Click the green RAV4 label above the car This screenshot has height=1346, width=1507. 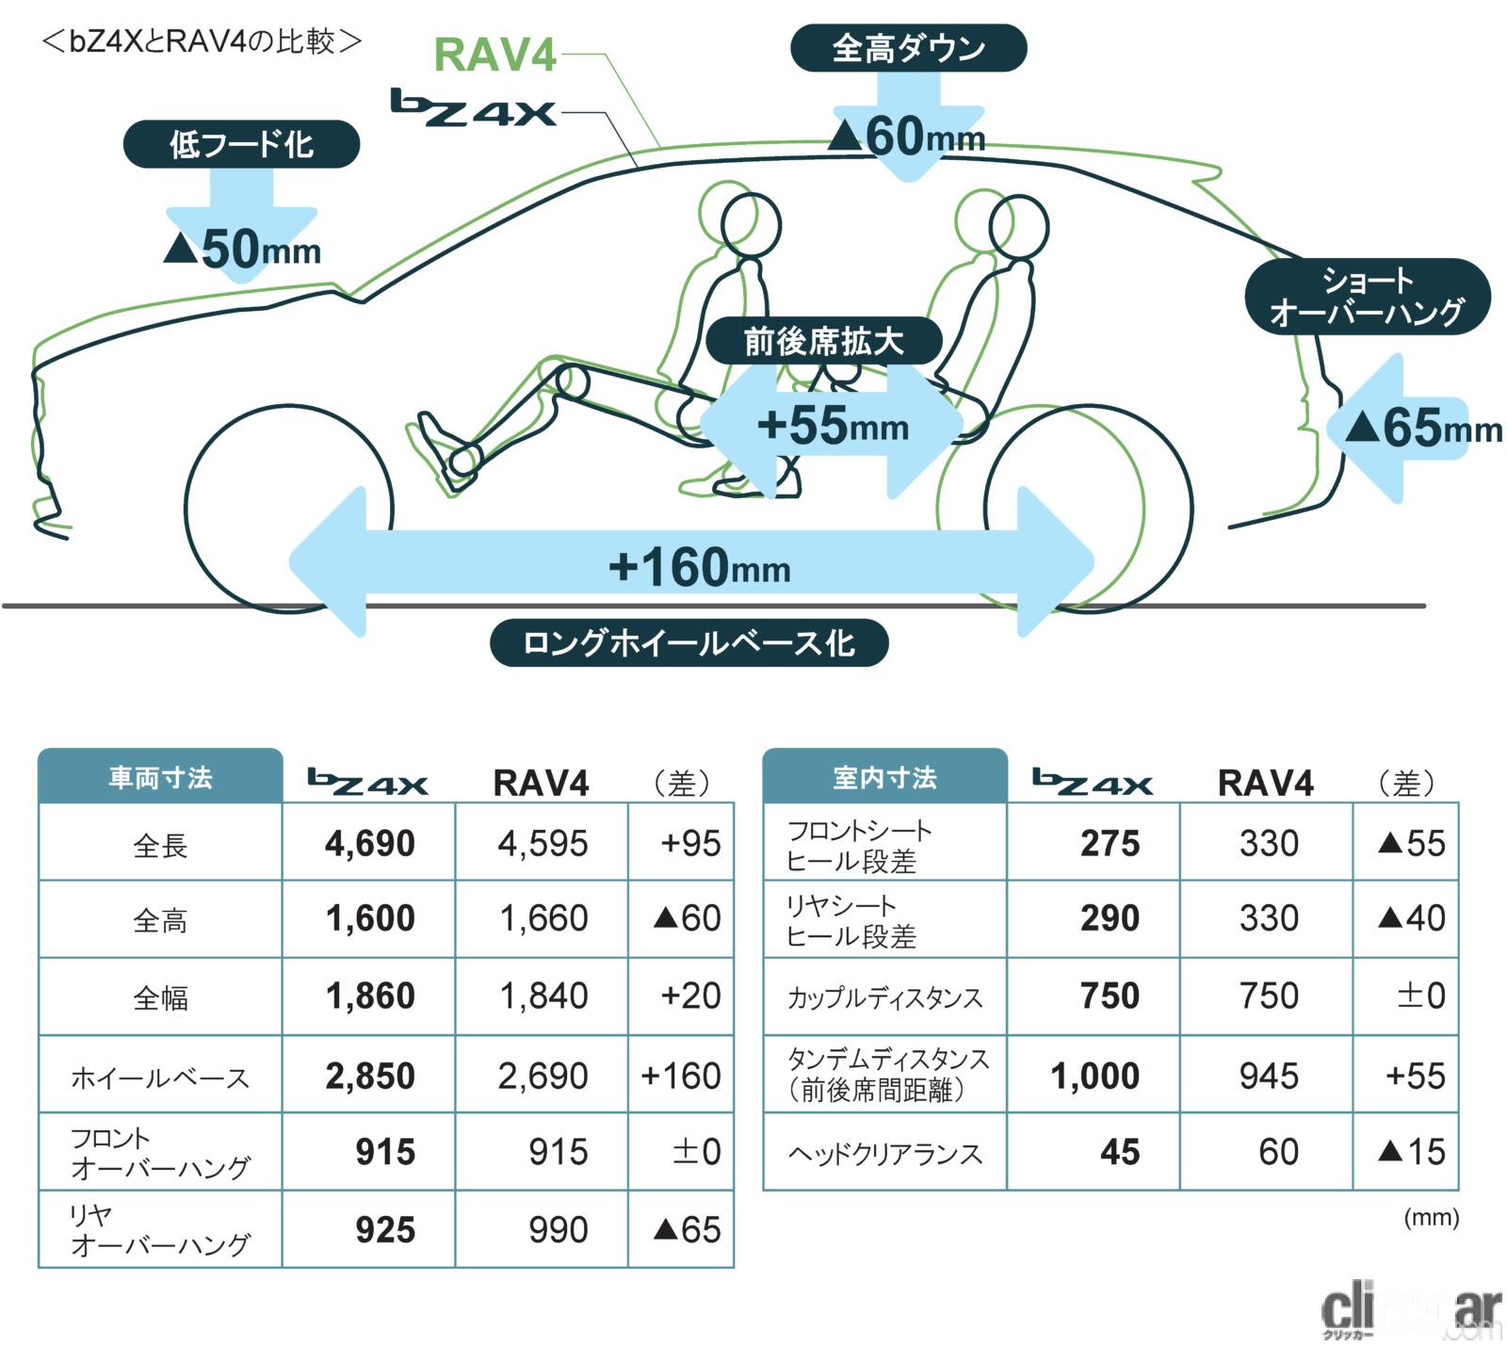[x=495, y=56]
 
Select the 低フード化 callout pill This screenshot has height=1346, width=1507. [x=241, y=145]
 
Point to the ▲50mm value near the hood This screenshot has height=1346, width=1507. [x=242, y=249]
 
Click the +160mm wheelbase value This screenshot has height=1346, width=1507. [x=699, y=567]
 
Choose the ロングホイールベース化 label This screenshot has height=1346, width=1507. [x=689, y=643]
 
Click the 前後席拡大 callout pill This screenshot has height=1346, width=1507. [x=823, y=341]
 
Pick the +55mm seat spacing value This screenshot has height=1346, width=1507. [x=833, y=426]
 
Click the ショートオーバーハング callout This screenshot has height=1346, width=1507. [x=1367, y=296]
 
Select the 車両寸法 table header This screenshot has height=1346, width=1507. [x=160, y=778]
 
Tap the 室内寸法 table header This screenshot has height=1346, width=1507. [x=884, y=778]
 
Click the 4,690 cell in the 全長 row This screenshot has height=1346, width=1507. [x=369, y=843]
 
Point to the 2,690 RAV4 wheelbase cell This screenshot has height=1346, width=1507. [x=543, y=1076]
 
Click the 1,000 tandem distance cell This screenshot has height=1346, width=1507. [x=1094, y=1076]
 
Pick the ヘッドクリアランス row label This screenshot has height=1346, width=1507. [x=884, y=1153]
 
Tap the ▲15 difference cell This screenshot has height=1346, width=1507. [x=1410, y=1152]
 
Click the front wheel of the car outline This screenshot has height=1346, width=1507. [x=288, y=509]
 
